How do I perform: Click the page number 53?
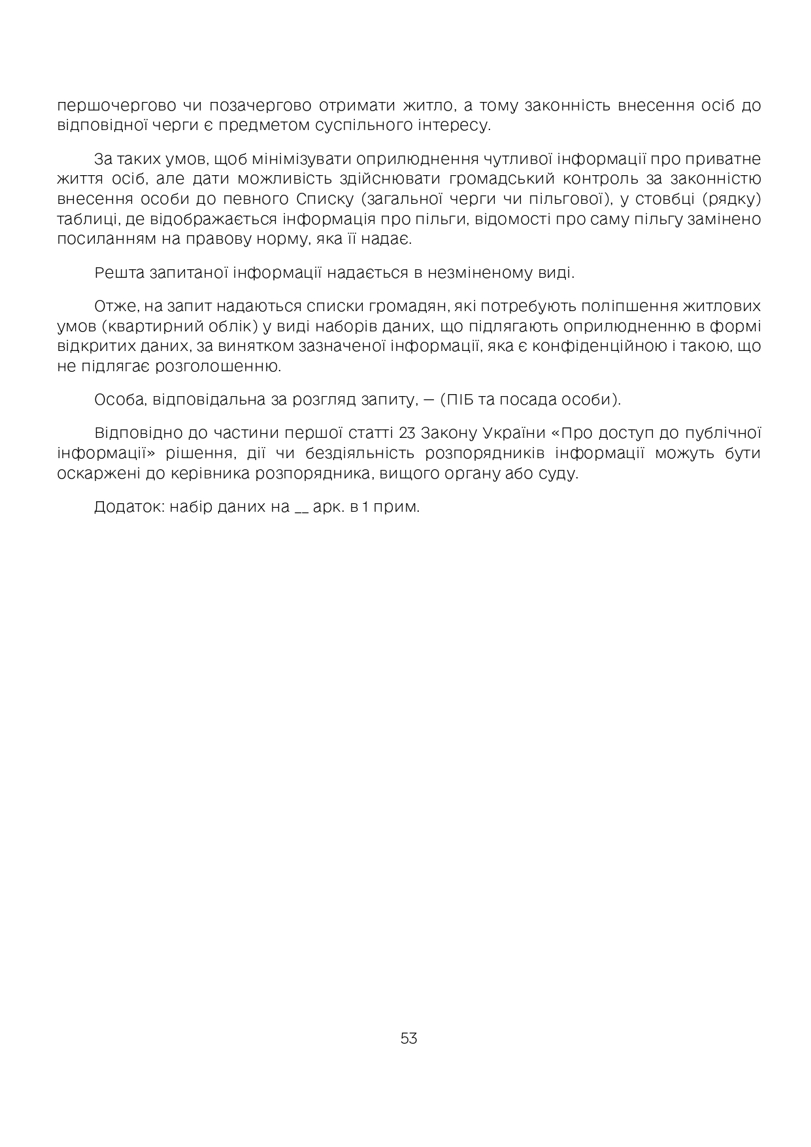(408, 1038)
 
